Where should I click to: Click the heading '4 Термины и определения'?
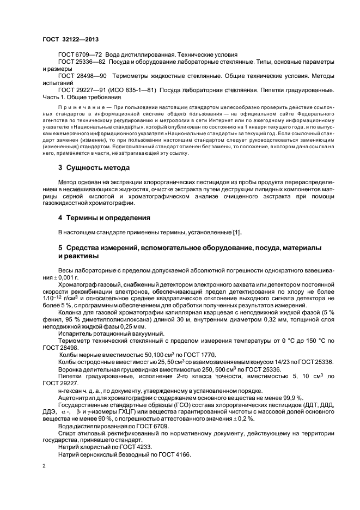[x=104, y=217]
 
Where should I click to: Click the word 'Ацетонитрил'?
[x=77, y=399]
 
